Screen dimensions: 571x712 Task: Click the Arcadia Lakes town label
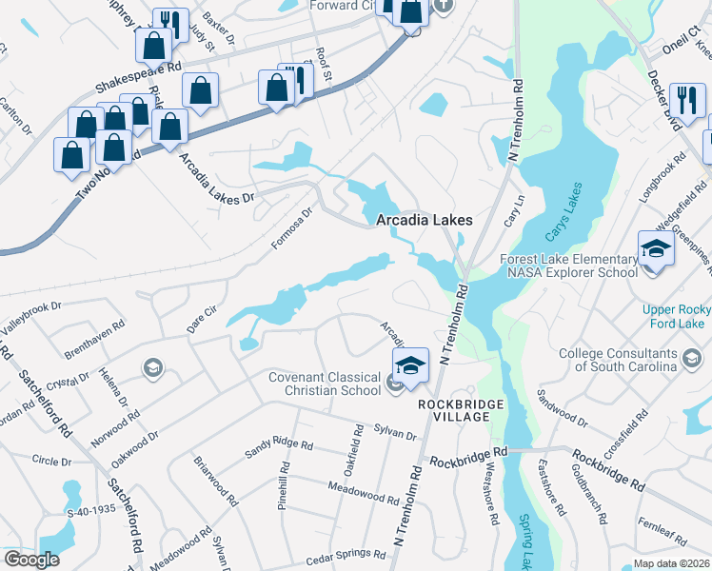click(x=424, y=220)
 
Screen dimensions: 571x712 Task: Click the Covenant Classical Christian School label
click(x=324, y=383)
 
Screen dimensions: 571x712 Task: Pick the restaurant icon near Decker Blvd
click(x=682, y=99)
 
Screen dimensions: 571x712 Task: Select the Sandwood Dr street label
click(x=563, y=404)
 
